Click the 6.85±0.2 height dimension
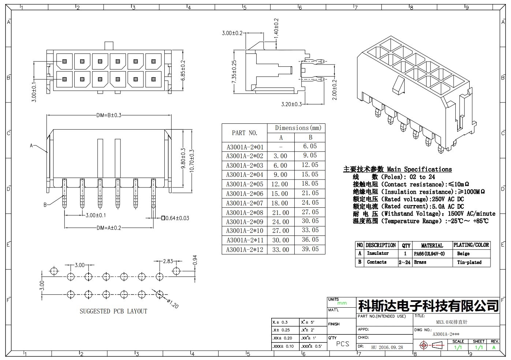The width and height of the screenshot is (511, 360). point(183,70)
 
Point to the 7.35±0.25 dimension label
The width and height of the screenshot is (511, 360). point(234,72)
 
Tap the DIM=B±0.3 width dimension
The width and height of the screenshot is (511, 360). point(109,115)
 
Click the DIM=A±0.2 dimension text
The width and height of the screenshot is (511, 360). point(109,228)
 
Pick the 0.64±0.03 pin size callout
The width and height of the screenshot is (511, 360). point(175,218)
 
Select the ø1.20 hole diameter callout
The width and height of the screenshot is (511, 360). point(173,304)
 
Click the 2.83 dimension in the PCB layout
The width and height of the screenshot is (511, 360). point(168,261)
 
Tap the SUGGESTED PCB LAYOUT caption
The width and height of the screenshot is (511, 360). point(113,311)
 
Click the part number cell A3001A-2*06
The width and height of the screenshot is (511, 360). point(245,194)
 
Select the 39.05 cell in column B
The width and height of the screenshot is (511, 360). point(310,249)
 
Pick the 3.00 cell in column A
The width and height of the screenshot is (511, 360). point(280,156)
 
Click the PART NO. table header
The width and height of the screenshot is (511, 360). point(245,133)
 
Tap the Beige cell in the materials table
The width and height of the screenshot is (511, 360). point(463,254)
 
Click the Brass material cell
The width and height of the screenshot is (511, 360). point(420,262)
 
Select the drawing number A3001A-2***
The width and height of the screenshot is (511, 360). point(446,334)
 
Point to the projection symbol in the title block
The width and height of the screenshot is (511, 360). point(432,345)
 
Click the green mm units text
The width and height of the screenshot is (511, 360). point(342,303)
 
